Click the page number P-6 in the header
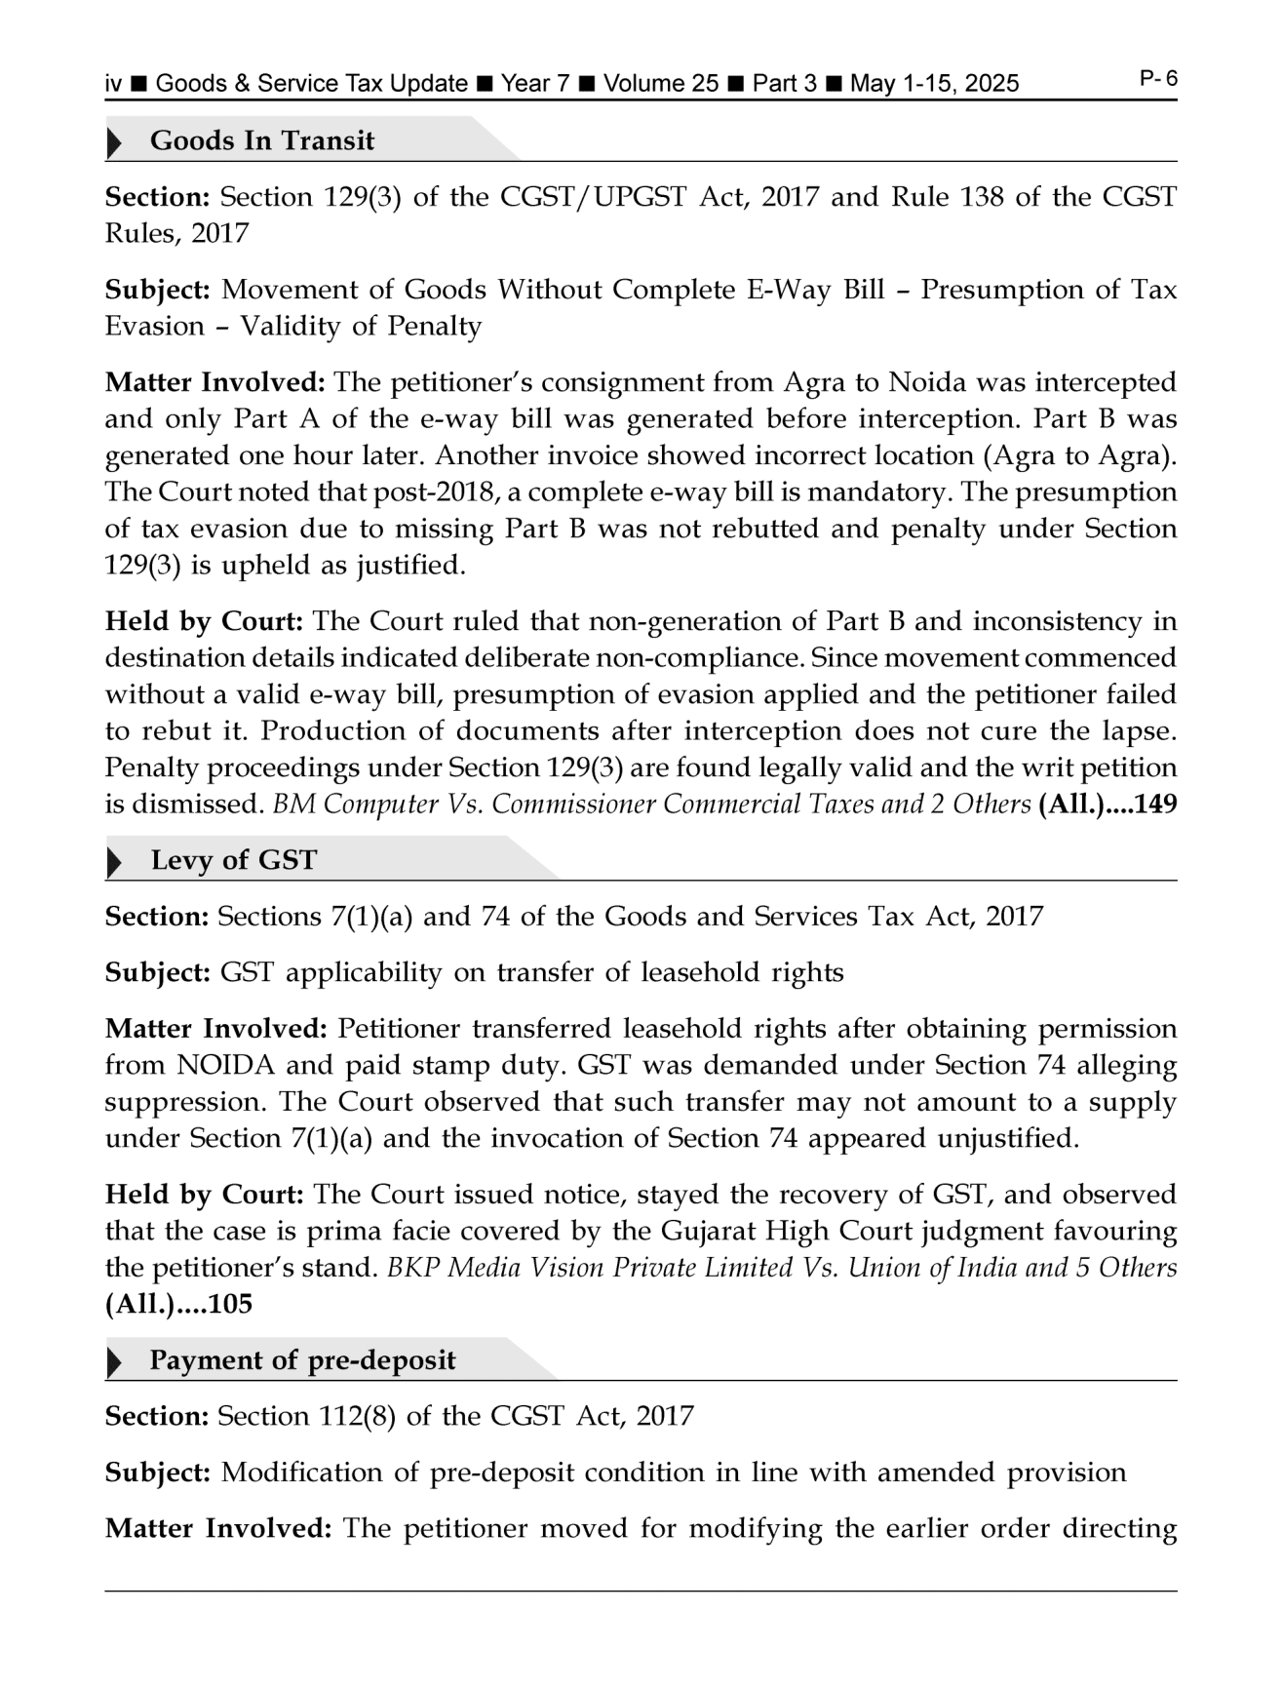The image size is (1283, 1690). [1158, 79]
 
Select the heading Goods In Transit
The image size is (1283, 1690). [261, 141]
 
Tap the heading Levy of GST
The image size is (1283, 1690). [234, 861]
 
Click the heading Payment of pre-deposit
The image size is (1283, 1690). [302, 1361]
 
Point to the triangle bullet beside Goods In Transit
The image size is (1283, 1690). [115, 142]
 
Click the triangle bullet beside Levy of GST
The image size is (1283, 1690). [115, 862]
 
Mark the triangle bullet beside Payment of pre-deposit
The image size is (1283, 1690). [115, 1362]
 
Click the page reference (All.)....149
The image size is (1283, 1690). [1108, 806]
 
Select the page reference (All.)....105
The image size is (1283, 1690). [178, 1305]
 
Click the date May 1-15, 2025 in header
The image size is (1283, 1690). [934, 84]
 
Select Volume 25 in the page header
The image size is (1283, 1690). [660, 84]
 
